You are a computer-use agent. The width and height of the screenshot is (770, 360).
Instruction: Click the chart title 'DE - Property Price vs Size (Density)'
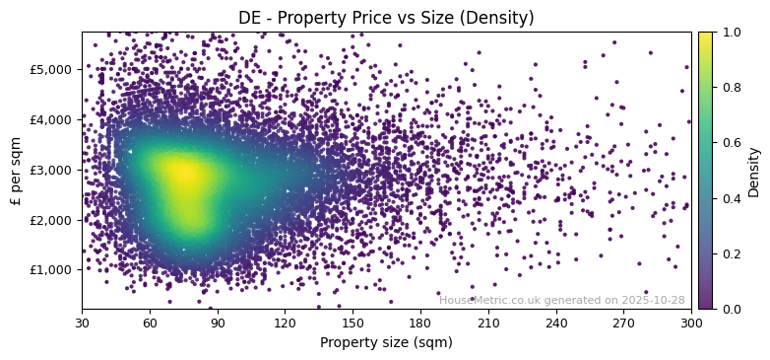(386, 18)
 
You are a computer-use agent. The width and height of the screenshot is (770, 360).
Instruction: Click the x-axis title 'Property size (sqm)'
(386, 342)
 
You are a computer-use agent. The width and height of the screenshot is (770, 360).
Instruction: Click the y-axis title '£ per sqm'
(16, 170)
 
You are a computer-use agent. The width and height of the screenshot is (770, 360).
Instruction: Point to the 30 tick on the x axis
(82, 323)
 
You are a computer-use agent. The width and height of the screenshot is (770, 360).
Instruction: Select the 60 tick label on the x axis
(150, 323)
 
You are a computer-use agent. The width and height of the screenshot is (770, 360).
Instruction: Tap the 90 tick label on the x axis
(218, 323)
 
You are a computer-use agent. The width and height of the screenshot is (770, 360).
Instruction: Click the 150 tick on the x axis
(353, 323)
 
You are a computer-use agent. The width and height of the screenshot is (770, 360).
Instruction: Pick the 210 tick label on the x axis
(488, 323)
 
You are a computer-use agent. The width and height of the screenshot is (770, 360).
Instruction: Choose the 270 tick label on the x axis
(624, 323)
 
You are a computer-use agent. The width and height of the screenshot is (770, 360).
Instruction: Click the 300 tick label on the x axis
(691, 323)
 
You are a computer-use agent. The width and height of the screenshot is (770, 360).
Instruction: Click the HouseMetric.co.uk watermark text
(561, 300)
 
